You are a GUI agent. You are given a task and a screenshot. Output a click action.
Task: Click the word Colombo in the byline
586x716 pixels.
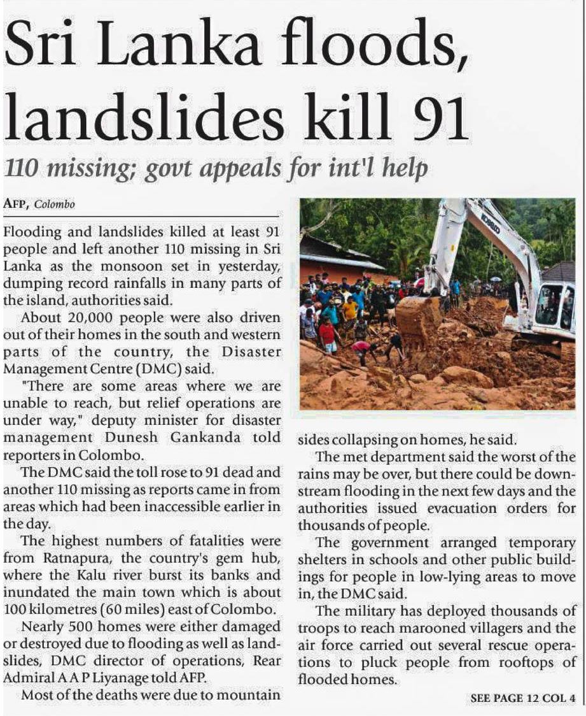pyautogui.click(x=55, y=204)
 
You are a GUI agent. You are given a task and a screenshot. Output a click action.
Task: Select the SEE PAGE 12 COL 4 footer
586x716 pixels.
pyautogui.click(x=522, y=698)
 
